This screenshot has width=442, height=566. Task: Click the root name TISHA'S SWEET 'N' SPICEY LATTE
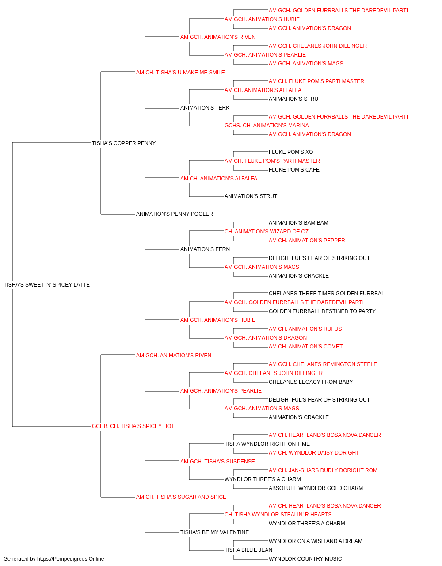[46, 285]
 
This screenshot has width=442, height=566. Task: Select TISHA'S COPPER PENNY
[124, 143]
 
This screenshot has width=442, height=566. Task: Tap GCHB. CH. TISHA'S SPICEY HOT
[133, 426]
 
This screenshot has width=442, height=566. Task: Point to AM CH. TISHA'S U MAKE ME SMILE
[180, 73]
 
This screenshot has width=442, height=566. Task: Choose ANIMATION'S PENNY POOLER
[175, 214]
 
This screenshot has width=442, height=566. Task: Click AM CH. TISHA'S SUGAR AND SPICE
[181, 497]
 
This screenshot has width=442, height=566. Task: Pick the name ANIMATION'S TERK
[205, 108]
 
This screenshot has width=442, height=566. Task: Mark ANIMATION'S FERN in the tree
[205, 249]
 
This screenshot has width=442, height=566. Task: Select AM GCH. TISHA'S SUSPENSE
[217, 462]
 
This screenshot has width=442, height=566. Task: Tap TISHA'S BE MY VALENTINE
[214, 532]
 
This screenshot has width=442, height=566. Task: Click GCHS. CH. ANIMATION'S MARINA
[267, 126]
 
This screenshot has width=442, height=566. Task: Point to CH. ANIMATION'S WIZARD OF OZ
[267, 232]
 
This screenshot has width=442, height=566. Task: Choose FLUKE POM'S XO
[291, 152]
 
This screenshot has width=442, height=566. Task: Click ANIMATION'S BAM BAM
[298, 223]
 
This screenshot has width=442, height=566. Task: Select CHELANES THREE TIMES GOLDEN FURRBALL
[328, 294]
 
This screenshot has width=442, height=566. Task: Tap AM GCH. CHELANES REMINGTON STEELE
[323, 364]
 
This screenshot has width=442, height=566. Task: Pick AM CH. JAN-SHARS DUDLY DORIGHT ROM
[323, 470]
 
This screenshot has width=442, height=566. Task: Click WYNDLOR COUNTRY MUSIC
[305, 559]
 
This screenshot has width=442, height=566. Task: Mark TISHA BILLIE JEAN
[248, 550]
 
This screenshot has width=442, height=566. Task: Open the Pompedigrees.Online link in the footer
[71, 559]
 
